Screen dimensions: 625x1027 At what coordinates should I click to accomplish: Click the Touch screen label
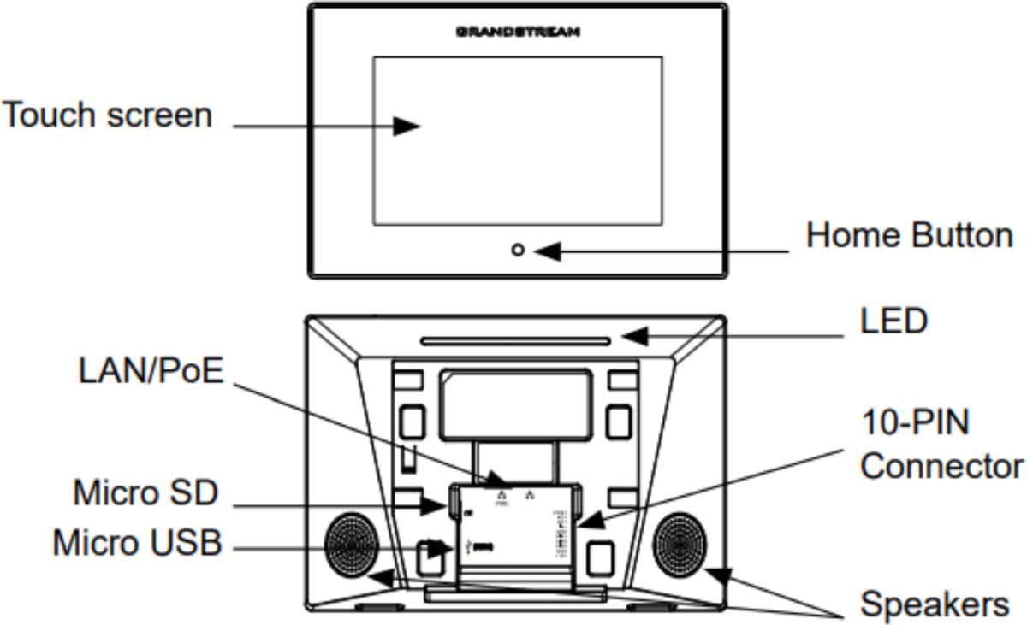(x=107, y=115)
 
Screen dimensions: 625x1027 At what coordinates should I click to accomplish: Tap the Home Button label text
(x=909, y=235)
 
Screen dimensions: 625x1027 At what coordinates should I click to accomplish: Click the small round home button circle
(x=518, y=251)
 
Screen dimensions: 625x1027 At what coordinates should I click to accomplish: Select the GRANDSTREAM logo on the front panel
(x=518, y=32)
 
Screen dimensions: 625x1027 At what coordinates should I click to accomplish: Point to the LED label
(x=893, y=322)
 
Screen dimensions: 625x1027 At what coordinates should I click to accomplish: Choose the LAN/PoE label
(x=151, y=372)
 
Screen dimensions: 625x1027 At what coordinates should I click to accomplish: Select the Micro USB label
(x=137, y=543)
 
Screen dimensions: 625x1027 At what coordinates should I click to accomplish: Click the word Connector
(x=941, y=467)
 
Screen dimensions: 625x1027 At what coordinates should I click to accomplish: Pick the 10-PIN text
(x=916, y=422)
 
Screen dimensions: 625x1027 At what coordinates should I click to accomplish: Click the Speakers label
(x=935, y=604)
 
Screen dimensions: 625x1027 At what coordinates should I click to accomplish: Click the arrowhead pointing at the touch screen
(x=407, y=126)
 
